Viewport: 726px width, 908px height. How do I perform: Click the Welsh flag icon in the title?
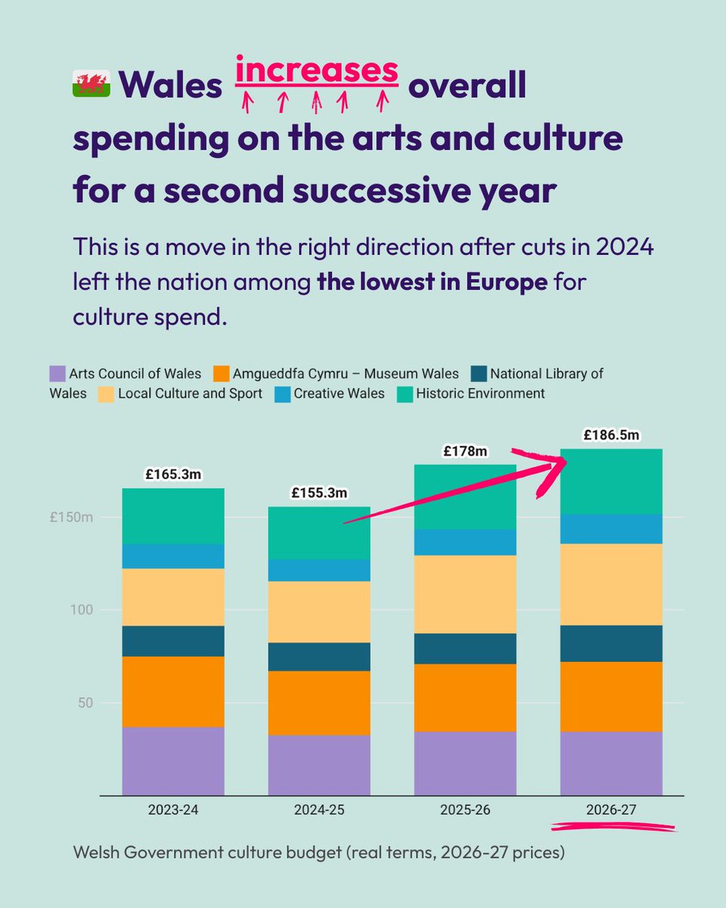point(91,83)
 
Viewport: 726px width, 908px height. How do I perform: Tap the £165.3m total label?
point(173,476)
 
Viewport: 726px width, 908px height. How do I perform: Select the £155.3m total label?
point(320,493)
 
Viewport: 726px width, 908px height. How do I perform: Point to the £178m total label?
point(465,452)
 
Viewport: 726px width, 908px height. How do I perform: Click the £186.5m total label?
point(611,435)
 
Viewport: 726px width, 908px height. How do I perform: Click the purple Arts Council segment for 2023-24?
point(173,760)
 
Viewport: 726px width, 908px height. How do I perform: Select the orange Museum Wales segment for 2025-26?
point(465,698)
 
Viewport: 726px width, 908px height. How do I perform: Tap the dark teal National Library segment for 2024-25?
point(320,656)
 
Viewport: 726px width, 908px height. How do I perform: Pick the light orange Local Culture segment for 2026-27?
point(611,584)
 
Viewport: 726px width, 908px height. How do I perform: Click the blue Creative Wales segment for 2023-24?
point(173,556)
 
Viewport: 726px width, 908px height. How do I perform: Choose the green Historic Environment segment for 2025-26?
point(465,496)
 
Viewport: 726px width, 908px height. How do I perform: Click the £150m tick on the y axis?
point(71,518)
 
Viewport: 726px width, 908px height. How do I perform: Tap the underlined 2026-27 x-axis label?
point(611,810)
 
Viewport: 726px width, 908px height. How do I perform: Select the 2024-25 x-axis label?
point(320,810)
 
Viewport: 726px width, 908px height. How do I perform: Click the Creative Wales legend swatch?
point(280,393)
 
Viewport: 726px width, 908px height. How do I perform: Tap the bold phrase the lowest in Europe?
point(432,284)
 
